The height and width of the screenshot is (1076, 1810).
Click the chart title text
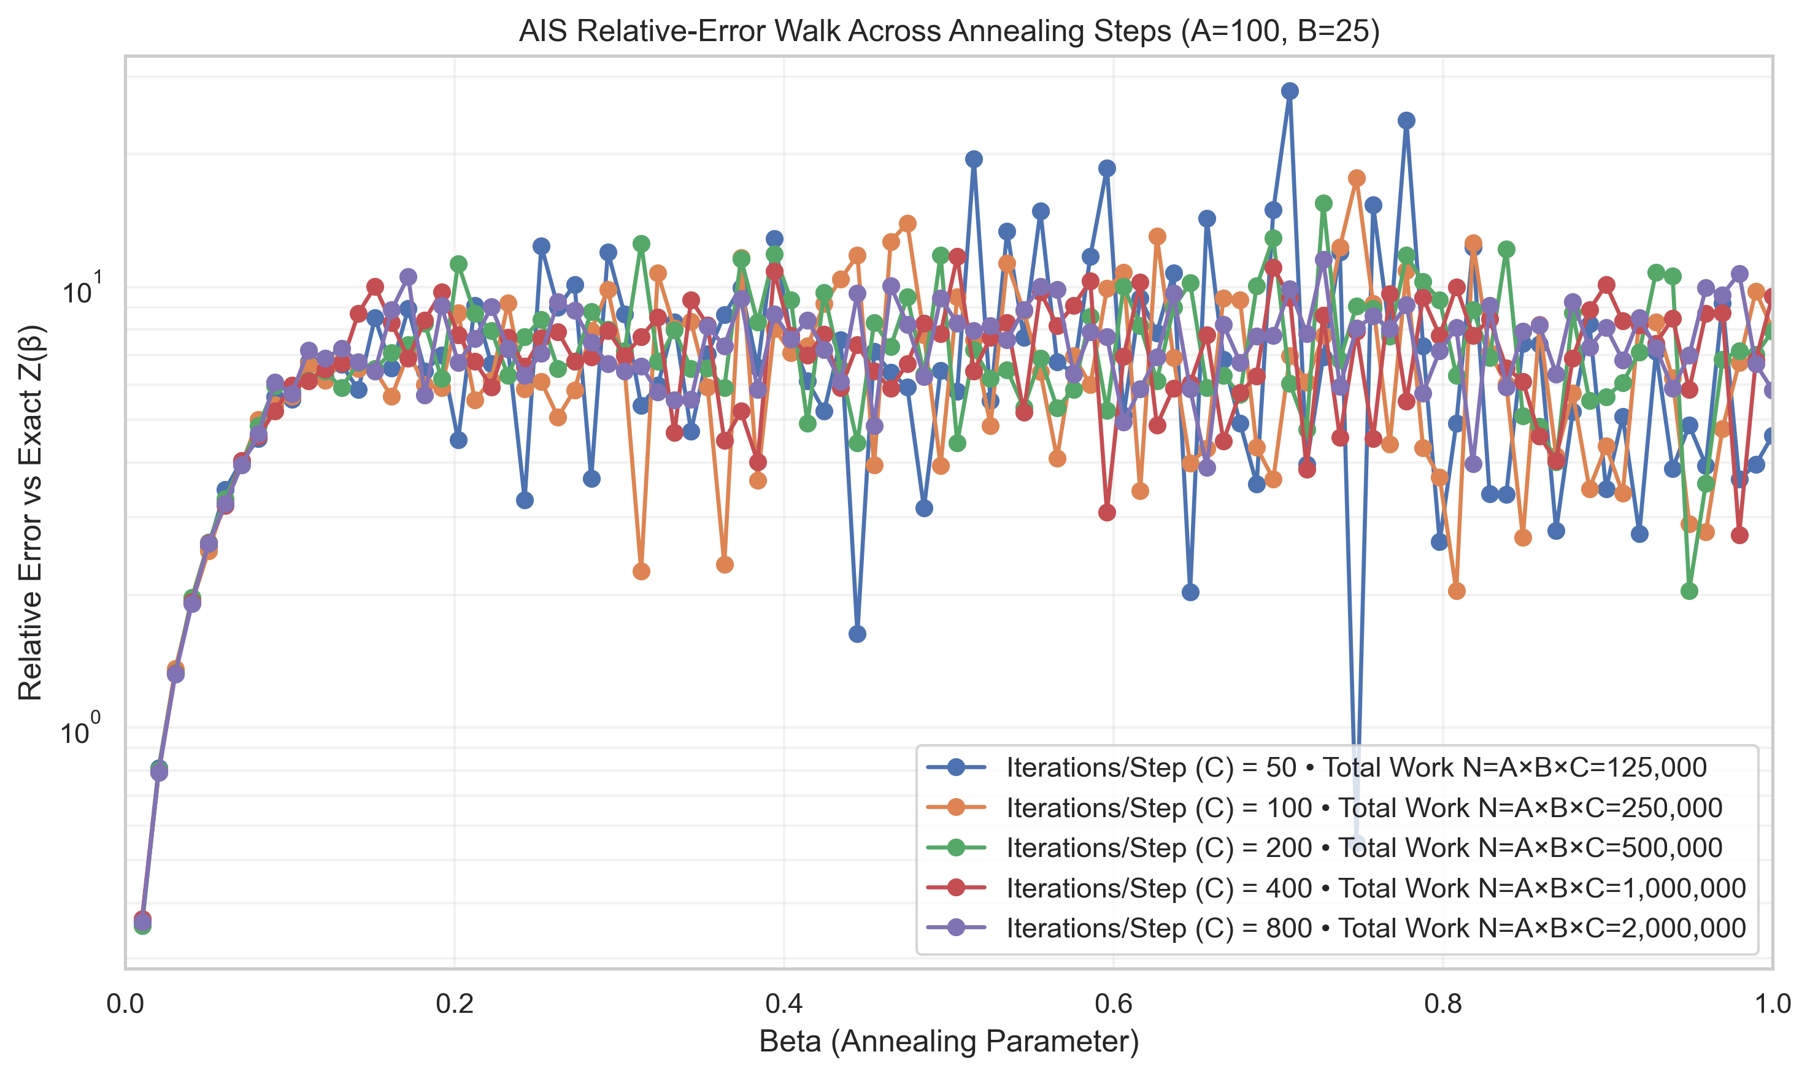949,31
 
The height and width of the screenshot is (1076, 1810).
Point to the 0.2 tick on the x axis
455,1004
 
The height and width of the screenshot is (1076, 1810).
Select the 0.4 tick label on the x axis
784,1004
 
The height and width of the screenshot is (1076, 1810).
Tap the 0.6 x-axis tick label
1113,1004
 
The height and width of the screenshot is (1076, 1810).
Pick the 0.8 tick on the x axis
1442,1004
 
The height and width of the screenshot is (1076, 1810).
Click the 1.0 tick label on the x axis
1771,1004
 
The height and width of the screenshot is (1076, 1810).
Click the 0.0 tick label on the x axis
125,1004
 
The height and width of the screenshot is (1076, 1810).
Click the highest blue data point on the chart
1289,91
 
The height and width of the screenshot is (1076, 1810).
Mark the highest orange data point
1356,179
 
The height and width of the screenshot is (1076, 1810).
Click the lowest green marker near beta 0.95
1689,591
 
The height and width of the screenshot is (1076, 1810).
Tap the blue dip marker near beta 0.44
857,634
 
